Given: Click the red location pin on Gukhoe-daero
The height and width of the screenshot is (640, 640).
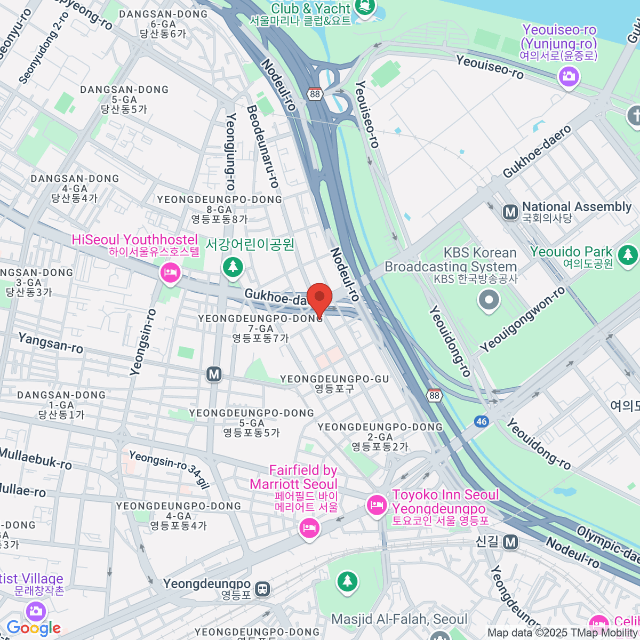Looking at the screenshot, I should tap(319, 297).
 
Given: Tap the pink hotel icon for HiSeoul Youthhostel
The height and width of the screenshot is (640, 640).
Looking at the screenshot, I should tap(170, 274).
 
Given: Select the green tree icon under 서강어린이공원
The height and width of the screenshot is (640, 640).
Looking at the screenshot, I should tap(233, 266).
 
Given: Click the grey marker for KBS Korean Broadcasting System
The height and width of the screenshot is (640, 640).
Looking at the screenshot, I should tap(489, 300).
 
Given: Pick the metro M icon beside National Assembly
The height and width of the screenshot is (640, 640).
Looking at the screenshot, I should tap(510, 212).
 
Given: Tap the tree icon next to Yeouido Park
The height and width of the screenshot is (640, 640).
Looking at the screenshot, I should tap(628, 255).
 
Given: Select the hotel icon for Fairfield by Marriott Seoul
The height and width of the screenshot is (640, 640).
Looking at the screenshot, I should tap(309, 528).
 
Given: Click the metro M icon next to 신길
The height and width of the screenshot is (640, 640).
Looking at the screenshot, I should tap(511, 542).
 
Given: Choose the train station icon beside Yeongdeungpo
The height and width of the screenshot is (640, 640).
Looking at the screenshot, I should tap(262, 589).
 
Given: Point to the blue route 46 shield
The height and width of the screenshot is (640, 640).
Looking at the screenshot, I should tap(482, 421).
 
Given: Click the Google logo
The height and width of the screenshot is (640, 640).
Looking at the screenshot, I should tap(34, 628).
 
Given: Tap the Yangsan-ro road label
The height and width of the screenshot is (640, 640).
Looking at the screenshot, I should tap(51, 343).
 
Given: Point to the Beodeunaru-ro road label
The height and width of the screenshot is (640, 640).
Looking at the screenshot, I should tap(262, 146).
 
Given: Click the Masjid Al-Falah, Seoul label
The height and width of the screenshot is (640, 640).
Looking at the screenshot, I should tap(399, 619).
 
